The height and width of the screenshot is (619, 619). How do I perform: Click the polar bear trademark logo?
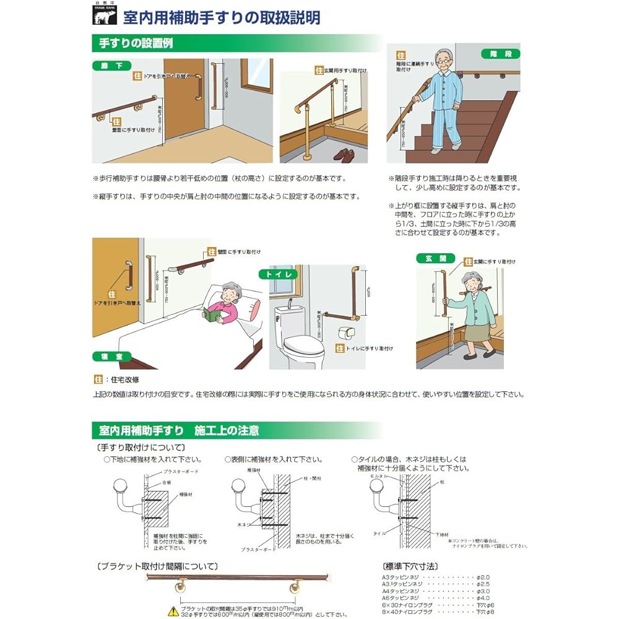pyautogui.click(x=104, y=16)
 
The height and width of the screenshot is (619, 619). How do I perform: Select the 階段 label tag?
pyautogui.click(x=500, y=54)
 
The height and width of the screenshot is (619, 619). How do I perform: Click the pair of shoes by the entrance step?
pyautogui.click(x=344, y=154)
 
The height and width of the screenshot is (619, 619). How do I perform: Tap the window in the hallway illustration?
pyautogui.click(x=256, y=75)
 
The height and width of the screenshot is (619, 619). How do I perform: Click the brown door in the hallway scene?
pyautogui.click(x=184, y=99)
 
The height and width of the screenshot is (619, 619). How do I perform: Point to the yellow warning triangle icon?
pyautogui.click(x=157, y=611)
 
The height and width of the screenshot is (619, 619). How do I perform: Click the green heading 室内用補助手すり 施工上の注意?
pyautogui.click(x=180, y=430)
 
